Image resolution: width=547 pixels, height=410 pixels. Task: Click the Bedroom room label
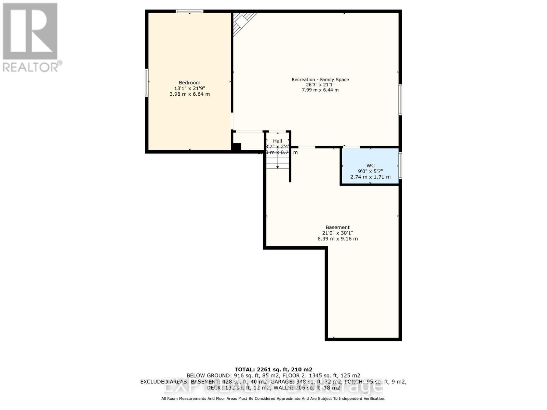click(189, 83)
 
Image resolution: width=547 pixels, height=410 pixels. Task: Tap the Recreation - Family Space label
click(320, 80)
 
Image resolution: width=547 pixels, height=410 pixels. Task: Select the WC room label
click(370, 165)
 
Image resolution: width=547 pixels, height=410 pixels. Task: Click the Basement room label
click(337, 227)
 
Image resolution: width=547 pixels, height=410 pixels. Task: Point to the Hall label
click(277, 141)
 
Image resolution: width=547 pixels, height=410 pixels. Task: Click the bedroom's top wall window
click(189, 12)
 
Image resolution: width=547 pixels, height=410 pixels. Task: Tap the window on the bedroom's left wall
click(147, 82)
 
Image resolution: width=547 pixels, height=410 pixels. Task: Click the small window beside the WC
click(400, 165)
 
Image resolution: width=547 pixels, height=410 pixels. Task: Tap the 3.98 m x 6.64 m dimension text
click(189, 94)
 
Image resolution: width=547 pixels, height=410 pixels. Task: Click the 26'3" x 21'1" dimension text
click(320, 85)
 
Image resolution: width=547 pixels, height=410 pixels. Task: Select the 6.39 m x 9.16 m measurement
click(337, 238)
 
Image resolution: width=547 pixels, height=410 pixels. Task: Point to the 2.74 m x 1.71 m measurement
click(370, 177)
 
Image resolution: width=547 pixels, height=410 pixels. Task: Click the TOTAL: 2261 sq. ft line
click(273, 369)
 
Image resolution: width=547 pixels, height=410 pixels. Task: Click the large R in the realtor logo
click(30, 31)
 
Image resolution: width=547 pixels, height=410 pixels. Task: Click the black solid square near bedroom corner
click(237, 147)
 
